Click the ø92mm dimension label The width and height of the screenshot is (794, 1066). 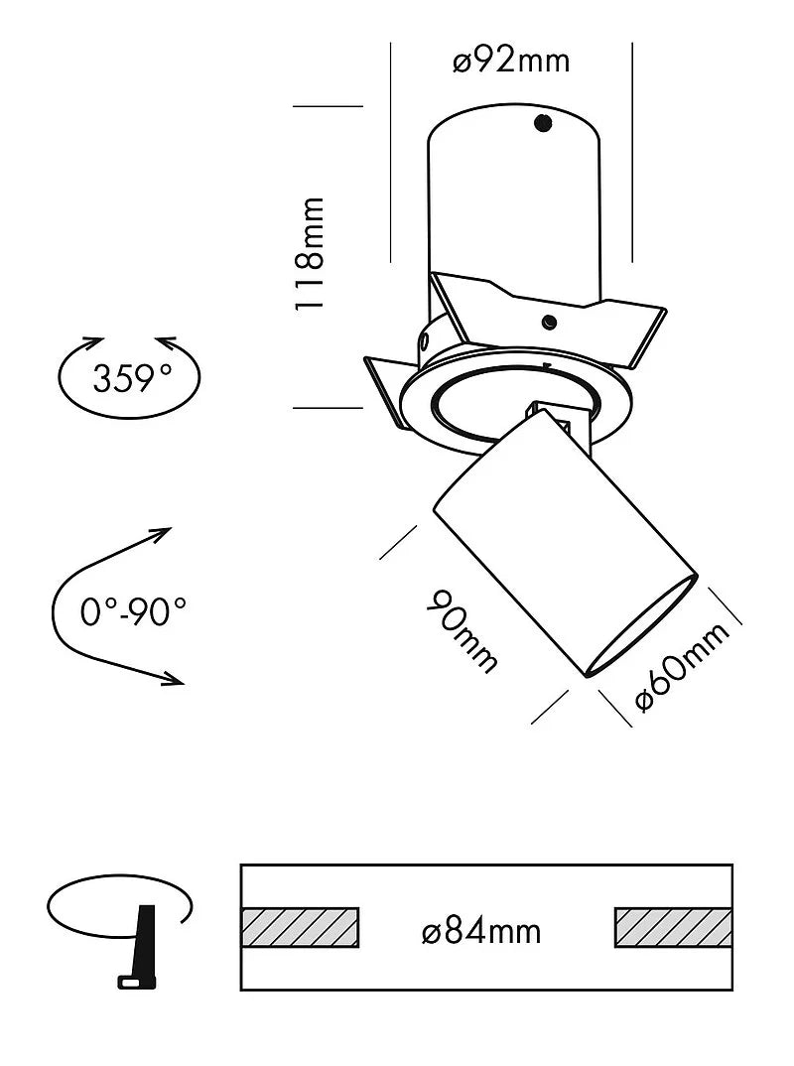click(511, 61)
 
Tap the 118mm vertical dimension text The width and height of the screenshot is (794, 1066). click(311, 254)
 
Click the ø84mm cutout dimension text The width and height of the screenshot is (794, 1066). click(481, 931)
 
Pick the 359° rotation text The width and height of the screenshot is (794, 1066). click(131, 377)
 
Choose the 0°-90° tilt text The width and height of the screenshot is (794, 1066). click(133, 610)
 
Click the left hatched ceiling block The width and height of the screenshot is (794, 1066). click(300, 927)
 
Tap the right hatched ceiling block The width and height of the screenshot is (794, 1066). click(674, 927)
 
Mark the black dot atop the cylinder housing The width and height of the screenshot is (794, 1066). click(542, 123)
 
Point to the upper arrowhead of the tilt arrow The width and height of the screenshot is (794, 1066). click(162, 536)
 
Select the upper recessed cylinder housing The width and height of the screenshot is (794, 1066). click(514, 199)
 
